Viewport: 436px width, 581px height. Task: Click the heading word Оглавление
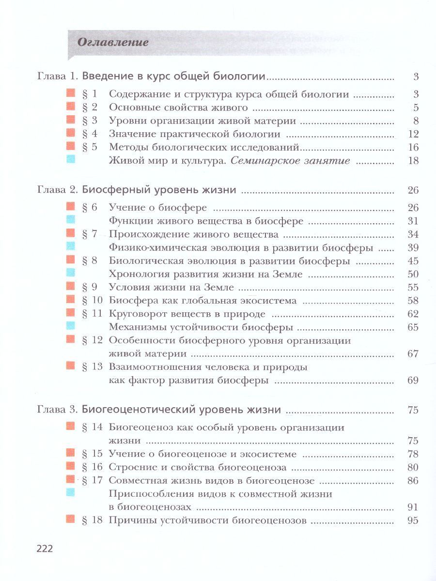(x=112, y=42)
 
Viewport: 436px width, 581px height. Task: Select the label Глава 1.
(x=57, y=76)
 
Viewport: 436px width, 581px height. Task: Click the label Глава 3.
(x=57, y=410)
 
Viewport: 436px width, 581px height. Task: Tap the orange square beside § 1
(x=70, y=93)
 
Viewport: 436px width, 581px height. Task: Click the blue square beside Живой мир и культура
(x=70, y=160)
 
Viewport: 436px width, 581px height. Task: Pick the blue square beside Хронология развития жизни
(x=70, y=274)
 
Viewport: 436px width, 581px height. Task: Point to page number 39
(x=413, y=248)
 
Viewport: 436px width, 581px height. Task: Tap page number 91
(x=413, y=507)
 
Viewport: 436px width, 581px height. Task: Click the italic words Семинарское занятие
(x=290, y=161)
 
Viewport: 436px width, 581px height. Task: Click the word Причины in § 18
(x=127, y=521)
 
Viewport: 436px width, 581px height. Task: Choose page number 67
(x=413, y=353)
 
